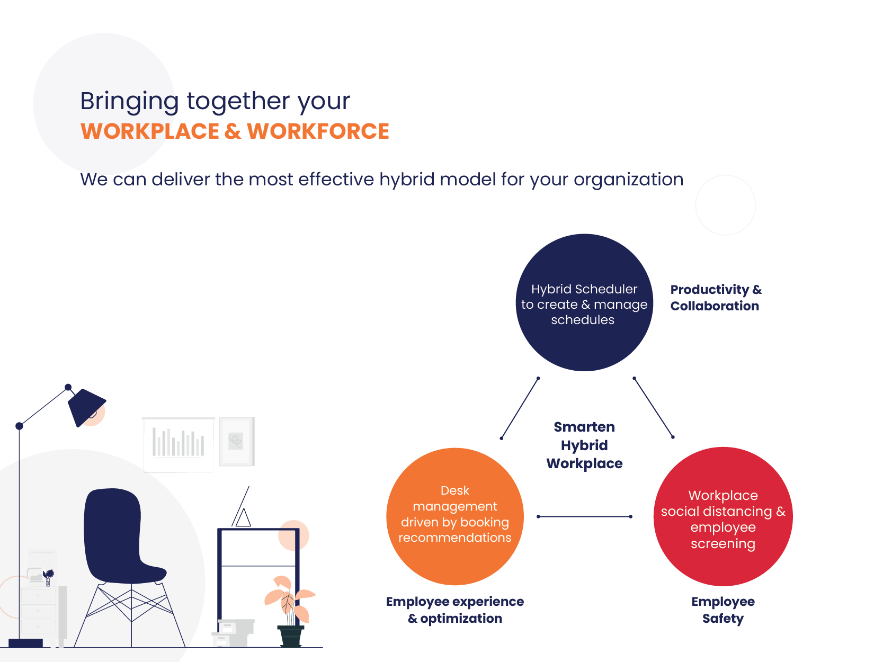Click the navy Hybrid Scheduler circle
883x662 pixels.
click(584, 302)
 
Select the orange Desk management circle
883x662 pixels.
click(455, 516)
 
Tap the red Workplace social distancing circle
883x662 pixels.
click(723, 516)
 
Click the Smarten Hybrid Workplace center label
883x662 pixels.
click(584, 445)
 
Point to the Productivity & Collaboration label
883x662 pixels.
click(716, 298)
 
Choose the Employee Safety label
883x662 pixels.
click(723, 610)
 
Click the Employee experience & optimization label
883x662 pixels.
click(455, 610)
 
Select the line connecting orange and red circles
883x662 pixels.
click(584, 516)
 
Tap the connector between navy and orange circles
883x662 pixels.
click(520, 408)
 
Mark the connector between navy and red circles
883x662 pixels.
click(653, 407)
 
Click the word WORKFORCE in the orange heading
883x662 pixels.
click(318, 131)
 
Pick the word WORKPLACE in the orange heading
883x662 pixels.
click(150, 131)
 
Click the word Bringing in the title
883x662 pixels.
click(129, 101)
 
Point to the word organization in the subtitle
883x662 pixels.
click(628, 180)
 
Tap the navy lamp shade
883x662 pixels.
click(86, 407)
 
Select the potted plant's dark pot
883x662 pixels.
click(290, 636)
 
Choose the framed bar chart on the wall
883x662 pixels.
click(178, 444)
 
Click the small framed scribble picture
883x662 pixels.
click(237, 442)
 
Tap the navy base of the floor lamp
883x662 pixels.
click(26, 643)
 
